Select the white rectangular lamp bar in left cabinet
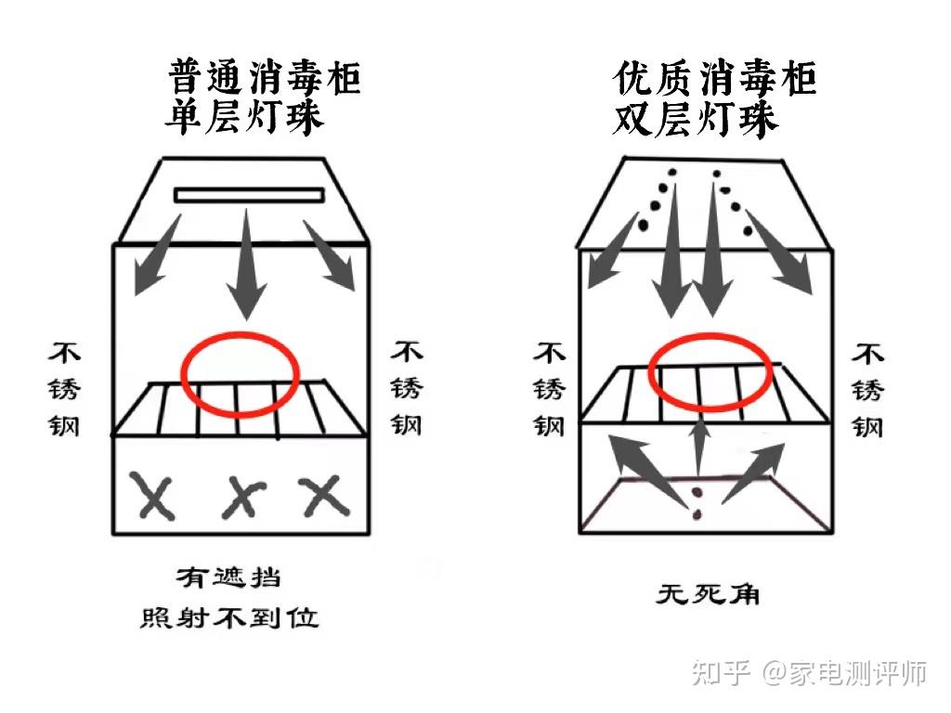(249, 195)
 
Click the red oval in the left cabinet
(240, 373)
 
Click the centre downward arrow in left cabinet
(246, 269)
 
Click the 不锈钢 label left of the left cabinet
(66, 389)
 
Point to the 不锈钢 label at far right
(867, 389)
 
